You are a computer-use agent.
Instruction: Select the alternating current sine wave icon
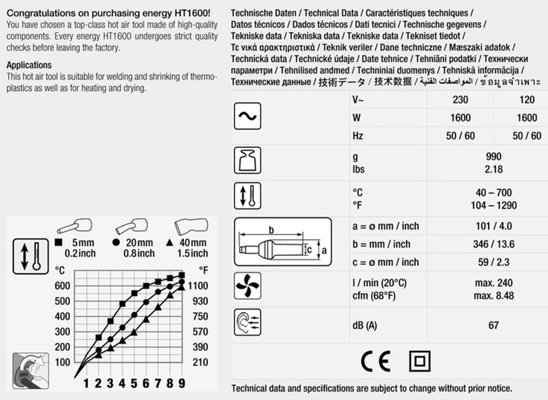[248, 117]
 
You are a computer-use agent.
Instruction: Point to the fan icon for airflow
[248, 288]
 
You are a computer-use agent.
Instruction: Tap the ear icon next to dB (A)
[248, 324]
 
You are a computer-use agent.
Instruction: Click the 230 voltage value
[460, 100]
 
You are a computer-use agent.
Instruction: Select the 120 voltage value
[527, 100]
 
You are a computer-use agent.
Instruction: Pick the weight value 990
[493, 157]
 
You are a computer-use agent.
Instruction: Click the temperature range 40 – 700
[493, 193]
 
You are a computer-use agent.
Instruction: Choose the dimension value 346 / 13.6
[493, 244]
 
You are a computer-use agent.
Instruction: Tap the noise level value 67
[493, 325]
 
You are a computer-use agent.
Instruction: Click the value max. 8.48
[493, 296]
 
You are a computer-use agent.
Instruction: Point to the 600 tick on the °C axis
[62, 285]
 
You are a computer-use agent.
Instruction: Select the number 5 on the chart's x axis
[134, 382]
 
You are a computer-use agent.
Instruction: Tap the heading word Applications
[29, 65]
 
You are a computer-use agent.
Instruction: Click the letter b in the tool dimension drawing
[270, 230]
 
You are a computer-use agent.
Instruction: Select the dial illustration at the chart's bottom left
[30, 370]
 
